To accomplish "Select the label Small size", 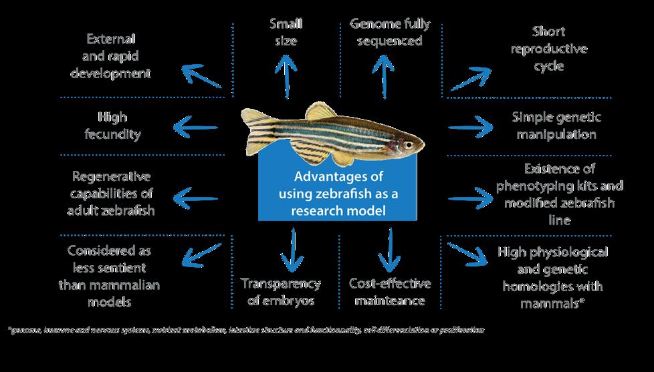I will [x=286, y=33].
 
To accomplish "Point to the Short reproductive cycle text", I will [x=549, y=49].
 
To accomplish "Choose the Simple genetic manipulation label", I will [x=556, y=126].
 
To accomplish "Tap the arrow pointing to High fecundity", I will [x=195, y=126].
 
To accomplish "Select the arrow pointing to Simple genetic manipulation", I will [x=471, y=126].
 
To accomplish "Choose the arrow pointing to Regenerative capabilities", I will [x=195, y=198].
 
